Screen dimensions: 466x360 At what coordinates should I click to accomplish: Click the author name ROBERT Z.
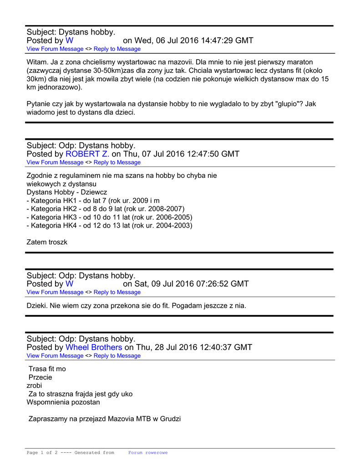[x=87, y=154]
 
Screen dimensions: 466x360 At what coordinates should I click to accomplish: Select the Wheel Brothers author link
[x=94, y=347]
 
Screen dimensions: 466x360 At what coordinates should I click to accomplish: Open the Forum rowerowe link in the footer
[x=147, y=453]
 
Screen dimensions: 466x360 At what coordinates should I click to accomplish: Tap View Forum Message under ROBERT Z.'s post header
[x=55, y=162]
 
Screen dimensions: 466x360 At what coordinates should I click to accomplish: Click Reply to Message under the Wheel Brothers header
[x=117, y=356]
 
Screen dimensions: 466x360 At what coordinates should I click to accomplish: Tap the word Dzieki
[x=37, y=306]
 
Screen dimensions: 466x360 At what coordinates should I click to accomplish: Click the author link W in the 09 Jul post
[x=70, y=284]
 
